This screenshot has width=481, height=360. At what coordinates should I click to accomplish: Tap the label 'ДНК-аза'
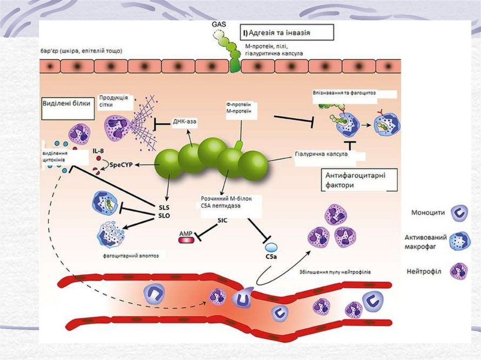click(x=185, y=121)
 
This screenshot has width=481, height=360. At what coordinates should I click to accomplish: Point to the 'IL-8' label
click(x=98, y=151)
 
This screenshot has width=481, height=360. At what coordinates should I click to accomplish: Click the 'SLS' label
click(x=163, y=207)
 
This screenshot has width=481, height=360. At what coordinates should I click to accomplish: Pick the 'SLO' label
click(x=163, y=215)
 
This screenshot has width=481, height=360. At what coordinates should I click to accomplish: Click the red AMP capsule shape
click(x=185, y=239)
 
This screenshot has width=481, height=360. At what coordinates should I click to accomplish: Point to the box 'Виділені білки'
click(x=66, y=104)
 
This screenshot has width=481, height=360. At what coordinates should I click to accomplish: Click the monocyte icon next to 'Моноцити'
click(x=459, y=213)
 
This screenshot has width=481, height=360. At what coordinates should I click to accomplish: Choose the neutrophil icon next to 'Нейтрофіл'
click(x=459, y=271)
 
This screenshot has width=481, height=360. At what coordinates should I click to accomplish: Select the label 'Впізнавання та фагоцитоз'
click(x=344, y=93)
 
